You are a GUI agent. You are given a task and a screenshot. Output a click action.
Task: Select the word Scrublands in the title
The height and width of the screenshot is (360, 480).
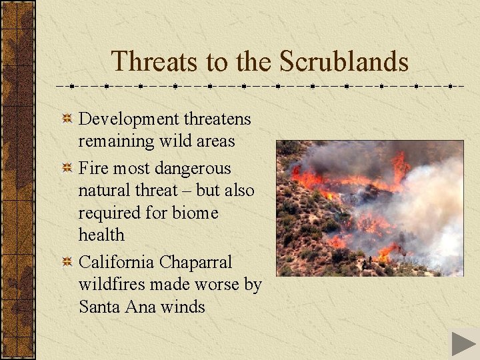(x=344, y=61)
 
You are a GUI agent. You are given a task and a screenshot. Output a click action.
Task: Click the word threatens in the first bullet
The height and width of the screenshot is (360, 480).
(x=217, y=119)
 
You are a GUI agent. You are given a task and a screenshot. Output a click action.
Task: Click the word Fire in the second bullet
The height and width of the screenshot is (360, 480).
(x=94, y=169)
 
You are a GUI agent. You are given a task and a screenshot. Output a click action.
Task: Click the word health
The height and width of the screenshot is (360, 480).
(x=101, y=235)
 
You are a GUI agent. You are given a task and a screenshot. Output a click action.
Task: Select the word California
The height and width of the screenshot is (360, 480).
(x=117, y=263)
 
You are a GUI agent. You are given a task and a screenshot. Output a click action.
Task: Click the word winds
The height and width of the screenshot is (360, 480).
(x=181, y=307)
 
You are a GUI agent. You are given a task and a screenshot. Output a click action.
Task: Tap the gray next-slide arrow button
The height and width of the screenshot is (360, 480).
(x=463, y=343)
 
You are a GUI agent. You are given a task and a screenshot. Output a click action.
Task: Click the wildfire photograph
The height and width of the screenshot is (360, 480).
(x=370, y=208)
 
